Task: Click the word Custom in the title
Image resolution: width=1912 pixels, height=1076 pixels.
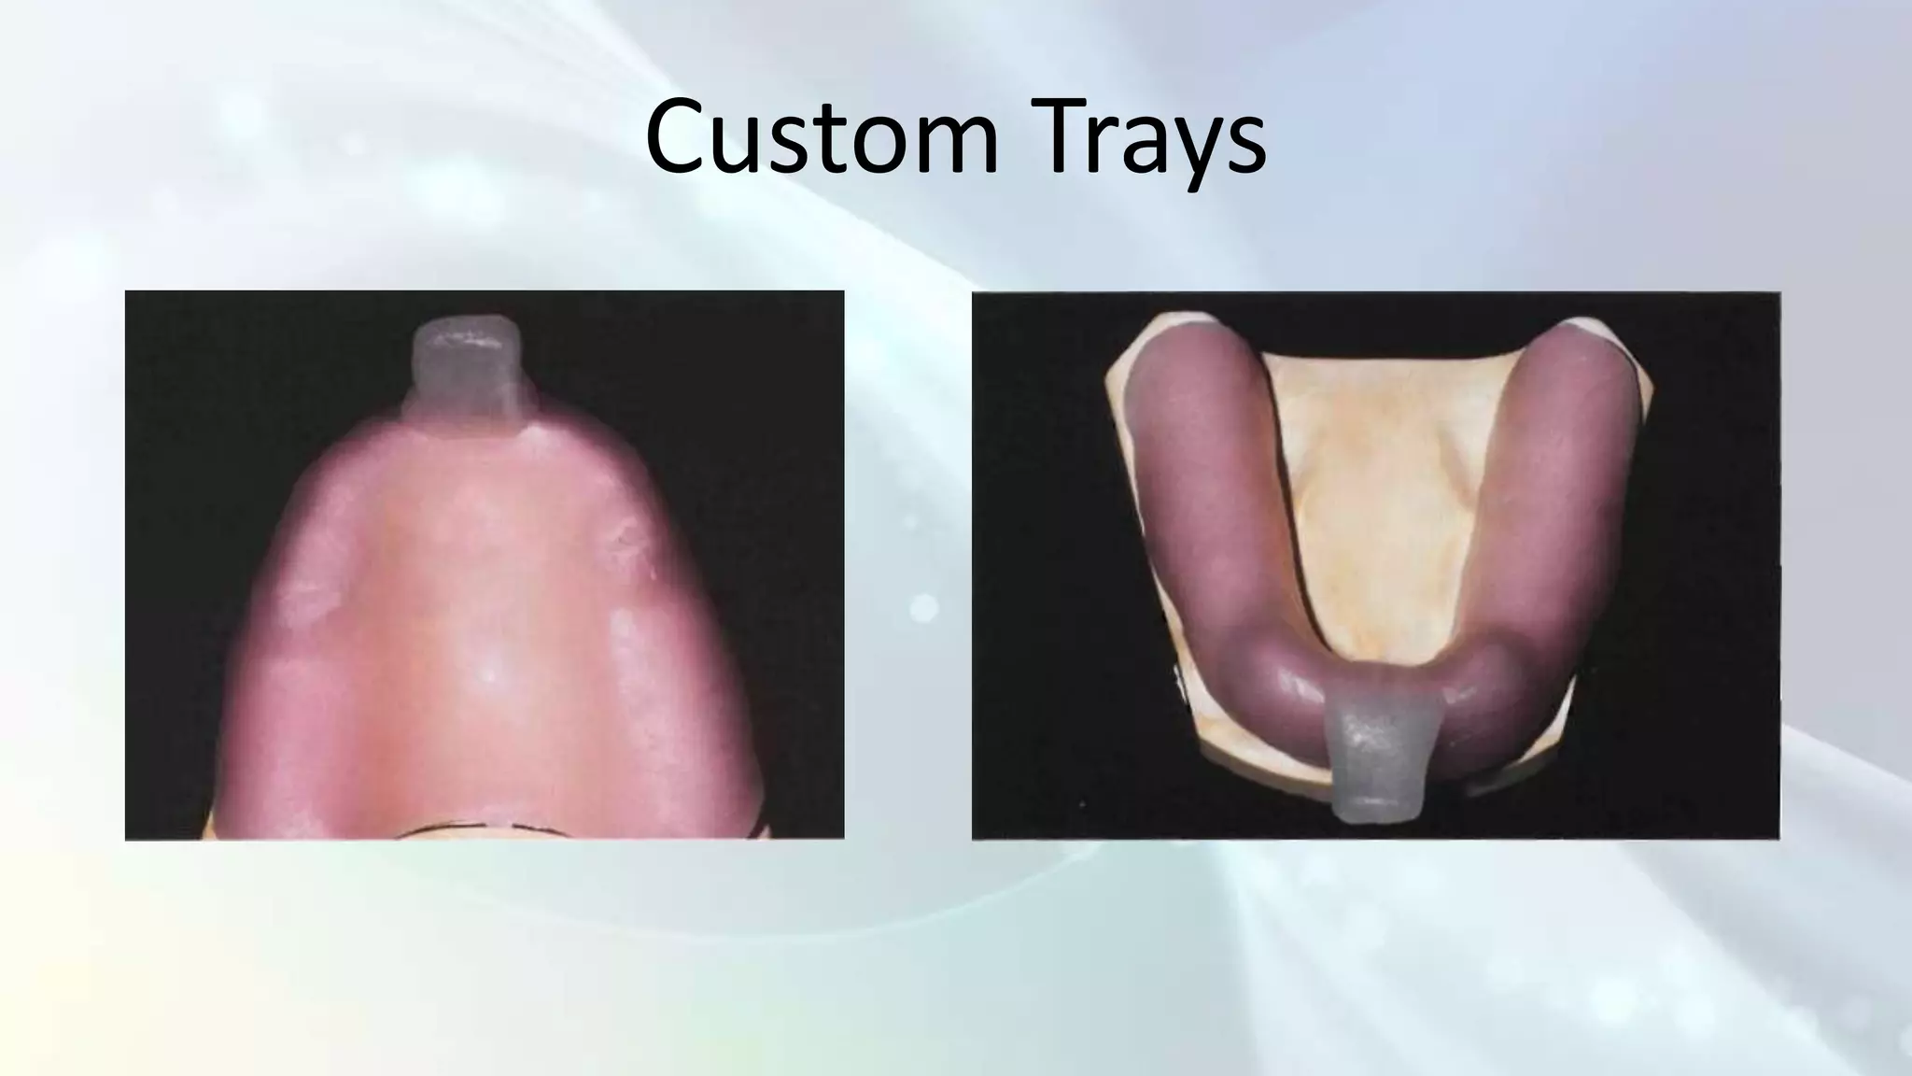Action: pyautogui.click(x=822, y=138)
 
